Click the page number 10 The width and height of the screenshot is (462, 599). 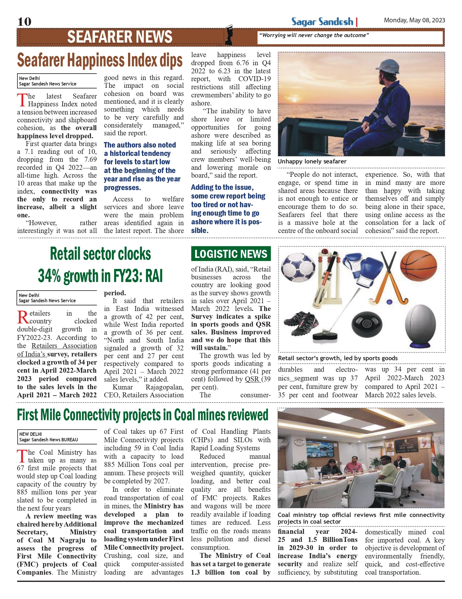pyautogui.click(x=24, y=22)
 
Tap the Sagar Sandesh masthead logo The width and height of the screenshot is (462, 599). pyautogui.click(x=322, y=22)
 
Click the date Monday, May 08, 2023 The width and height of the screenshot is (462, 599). pyautogui.click(x=414, y=20)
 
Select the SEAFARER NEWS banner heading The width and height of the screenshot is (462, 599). pyautogui.click(x=120, y=37)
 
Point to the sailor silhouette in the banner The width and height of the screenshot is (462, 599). pyautogui.click(x=229, y=35)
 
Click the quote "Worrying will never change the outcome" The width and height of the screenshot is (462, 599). pyautogui.click(x=314, y=35)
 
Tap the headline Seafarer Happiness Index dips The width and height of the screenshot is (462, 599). pyautogui.click(x=100, y=60)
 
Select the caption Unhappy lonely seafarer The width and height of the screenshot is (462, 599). pyautogui.click(x=312, y=161)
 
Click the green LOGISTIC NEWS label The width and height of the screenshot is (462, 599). pyautogui.click(x=231, y=254)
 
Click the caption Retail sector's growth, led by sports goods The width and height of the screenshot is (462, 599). pyautogui.click(x=338, y=358)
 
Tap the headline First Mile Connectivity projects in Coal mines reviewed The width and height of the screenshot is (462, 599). pyautogui.click(x=143, y=415)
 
